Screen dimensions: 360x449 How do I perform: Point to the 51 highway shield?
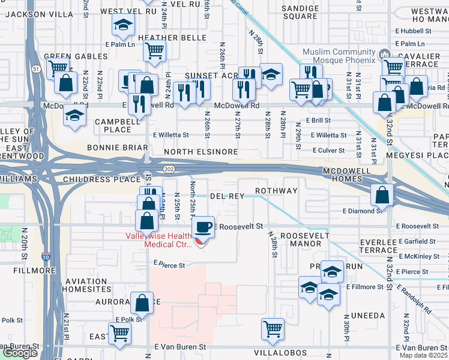click(37, 69)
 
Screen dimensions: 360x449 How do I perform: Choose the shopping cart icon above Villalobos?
click(273, 329)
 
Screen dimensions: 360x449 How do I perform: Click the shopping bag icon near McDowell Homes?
click(382, 194)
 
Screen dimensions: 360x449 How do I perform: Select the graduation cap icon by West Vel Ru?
click(123, 25)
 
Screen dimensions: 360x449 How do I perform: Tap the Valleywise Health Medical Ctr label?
click(158, 240)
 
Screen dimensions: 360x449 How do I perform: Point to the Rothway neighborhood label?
click(276, 191)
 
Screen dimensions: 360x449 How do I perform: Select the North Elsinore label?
click(201, 152)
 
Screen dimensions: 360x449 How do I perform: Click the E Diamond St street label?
click(363, 211)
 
